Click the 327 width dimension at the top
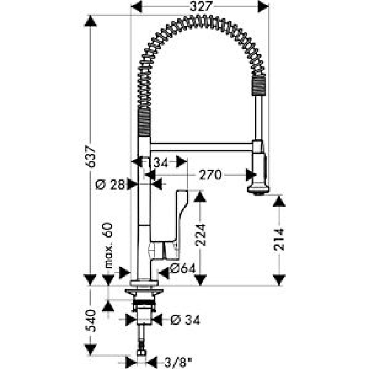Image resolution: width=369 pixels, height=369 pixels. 201,6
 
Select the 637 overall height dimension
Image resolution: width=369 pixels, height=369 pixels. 91,156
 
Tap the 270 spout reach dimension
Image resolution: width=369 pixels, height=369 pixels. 210,175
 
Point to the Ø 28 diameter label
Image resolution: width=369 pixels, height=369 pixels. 110,184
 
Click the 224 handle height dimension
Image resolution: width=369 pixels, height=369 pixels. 200,235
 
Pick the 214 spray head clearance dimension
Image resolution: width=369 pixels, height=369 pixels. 279,239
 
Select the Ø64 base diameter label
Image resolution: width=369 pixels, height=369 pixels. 183,268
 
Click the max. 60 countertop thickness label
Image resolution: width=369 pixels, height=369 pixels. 108,245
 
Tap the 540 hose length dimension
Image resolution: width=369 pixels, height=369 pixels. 91,321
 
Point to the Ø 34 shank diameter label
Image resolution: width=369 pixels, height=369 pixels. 185,320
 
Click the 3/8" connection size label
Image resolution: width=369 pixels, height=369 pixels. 178,363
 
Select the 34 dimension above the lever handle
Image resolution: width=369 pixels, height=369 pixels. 161,162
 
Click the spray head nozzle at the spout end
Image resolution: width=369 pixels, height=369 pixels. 258,190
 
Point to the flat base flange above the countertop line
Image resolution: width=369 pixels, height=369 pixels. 144,283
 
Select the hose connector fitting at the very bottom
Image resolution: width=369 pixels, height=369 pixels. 141,353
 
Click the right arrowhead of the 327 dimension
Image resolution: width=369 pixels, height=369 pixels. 263,6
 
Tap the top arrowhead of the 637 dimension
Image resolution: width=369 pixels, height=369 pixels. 90,21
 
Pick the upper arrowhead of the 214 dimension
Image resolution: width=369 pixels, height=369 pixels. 279,201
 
